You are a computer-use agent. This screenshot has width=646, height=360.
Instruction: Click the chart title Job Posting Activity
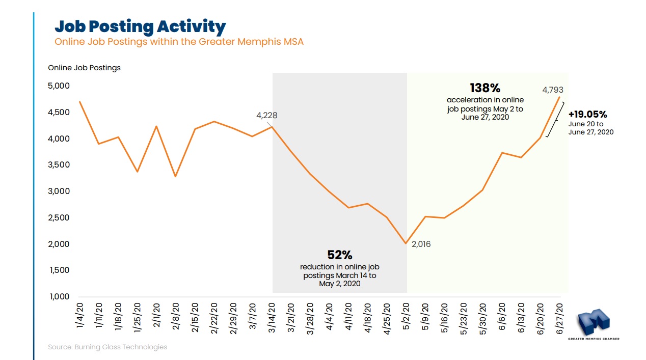coord(140,26)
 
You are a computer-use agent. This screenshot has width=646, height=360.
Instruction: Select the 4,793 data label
coord(553,90)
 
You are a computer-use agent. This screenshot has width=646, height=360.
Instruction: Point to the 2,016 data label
coord(421,244)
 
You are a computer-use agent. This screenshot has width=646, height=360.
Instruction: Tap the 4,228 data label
coord(266,116)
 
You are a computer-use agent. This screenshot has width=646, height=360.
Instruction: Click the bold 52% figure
coord(339,255)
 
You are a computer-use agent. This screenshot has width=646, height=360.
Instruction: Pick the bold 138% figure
coord(485,88)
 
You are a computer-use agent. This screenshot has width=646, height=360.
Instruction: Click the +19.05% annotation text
coord(587,115)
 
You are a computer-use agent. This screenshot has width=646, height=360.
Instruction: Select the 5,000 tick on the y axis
coord(58,86)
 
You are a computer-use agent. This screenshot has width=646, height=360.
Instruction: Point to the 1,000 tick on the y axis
coord(58,297)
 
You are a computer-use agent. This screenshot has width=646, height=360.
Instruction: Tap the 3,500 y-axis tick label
coord(58,165)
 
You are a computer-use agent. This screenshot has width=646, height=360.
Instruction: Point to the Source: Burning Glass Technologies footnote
coord(107,347)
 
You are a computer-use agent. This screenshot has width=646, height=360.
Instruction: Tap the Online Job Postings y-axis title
coord(84,68)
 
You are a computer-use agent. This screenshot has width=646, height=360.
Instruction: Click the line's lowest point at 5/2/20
coord(406,243)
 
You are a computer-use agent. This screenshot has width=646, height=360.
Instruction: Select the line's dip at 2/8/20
coord(175,177)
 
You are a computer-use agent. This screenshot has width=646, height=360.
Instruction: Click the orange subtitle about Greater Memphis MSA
coord(179,42)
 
